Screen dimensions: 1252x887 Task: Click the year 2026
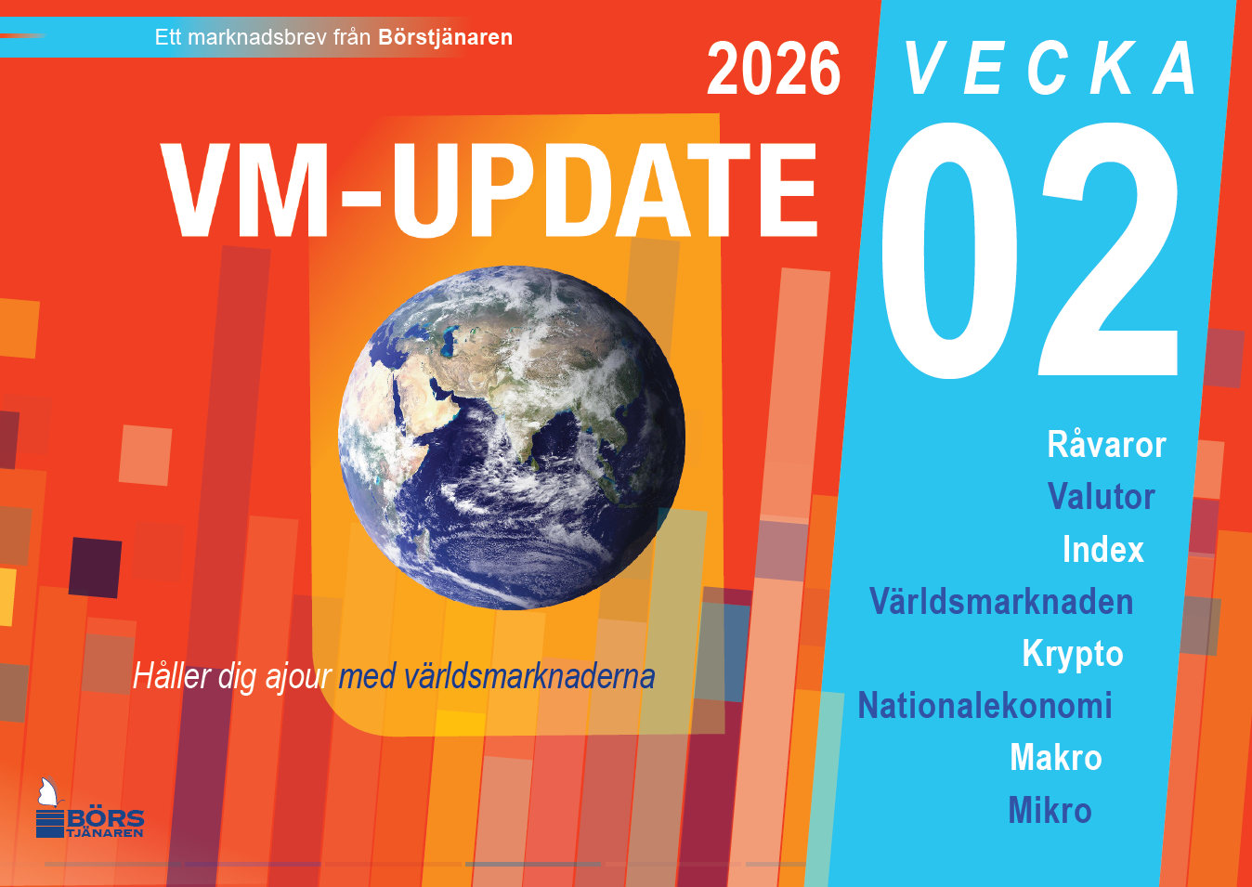pos(774,69)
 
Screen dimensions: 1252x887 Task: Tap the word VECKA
pos(1050,68)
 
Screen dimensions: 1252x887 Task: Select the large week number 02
pos(1030,250)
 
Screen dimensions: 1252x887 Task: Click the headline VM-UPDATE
pos(489,190)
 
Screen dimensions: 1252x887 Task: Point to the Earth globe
pos(512,437)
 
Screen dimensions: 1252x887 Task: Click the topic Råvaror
pos(1107,445)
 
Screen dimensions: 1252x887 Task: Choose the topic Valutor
pos(1102,496)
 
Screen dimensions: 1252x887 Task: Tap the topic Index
pos(1103,549)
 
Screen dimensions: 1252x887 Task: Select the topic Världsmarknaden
pos(1001,601)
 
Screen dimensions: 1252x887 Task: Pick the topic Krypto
pos(1073,654)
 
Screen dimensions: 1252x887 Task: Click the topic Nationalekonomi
pos(985,705)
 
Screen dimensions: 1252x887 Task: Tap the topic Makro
pos(1056,757)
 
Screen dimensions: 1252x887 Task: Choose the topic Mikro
pos(1050,810)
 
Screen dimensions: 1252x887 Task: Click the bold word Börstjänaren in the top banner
pos(446,37)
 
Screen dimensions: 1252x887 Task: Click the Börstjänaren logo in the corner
pos(89,808)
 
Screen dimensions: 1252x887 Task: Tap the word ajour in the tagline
pos(298,677)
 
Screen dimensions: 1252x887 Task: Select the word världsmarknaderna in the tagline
pos(528,676)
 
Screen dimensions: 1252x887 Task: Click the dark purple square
pos(95,567)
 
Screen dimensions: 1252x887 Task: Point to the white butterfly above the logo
pos(48,792)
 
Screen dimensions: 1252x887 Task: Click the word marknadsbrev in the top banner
pos(260,37)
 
